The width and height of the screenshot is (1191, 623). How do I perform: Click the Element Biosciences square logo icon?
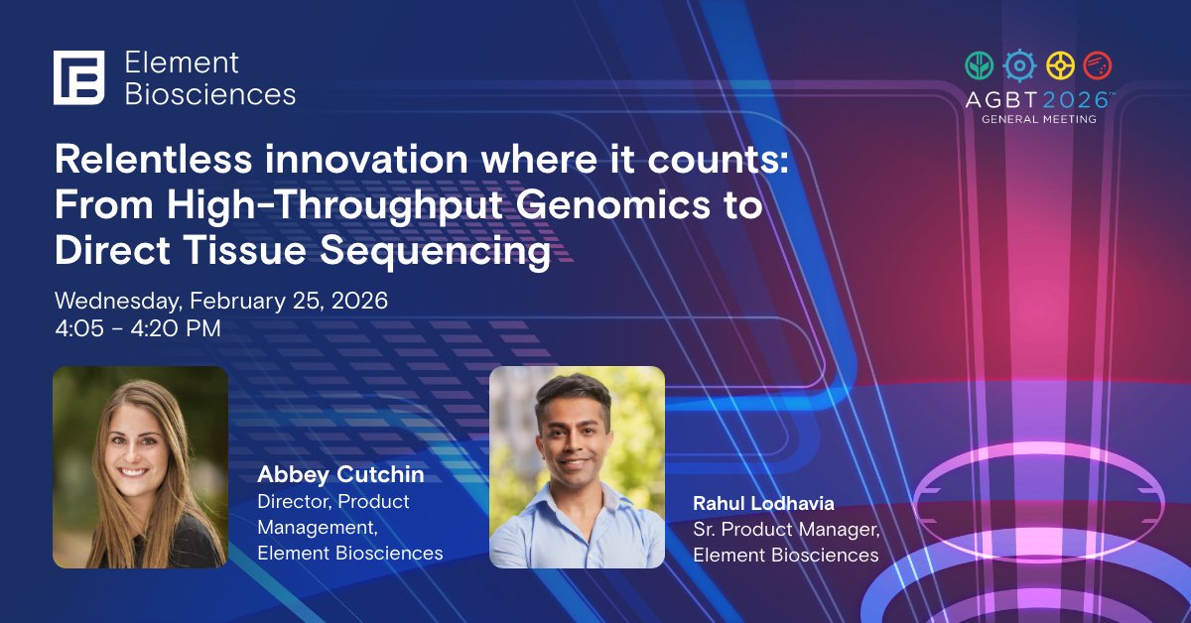pyautogui.click(x=79, y=77)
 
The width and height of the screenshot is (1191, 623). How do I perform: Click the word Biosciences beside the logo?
pyautogui.click(x=209, y=94)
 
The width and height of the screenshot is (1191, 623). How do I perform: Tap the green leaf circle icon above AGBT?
pyautogui.click(x=980, y=65)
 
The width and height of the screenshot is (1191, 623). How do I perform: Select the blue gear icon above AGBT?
pyautogui.click(x=1018, y=65)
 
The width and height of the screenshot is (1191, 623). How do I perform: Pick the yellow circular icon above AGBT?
pyautogui.click(x=1059, y=65)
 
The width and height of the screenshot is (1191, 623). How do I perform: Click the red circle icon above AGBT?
pyautogui.click(x=1097, y=65)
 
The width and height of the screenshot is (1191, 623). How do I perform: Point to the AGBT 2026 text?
pyautogui.click(x=1039, y=100)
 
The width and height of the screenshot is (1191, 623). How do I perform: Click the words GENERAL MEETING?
pyautogui.click(x=1039, y=119)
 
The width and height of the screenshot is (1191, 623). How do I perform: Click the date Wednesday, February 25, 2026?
pyautogui.click(x=220, y=300)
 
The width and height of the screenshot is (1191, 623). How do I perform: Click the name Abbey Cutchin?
pyautogui.click(x=340, y=474)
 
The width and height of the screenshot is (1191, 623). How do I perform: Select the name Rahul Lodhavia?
pyautogui.click(x=763, y=503)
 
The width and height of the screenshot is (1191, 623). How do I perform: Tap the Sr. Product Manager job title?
pyautogui.click(x=786, y=529)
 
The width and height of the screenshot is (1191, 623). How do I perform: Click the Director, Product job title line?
pyautogui.click(x=333, y=501)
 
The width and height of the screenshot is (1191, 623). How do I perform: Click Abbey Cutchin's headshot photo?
pyautogui.click(x=140, y=466)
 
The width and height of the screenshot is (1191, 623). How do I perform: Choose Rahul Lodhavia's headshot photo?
pyautogui.click(x=577, y=466)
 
